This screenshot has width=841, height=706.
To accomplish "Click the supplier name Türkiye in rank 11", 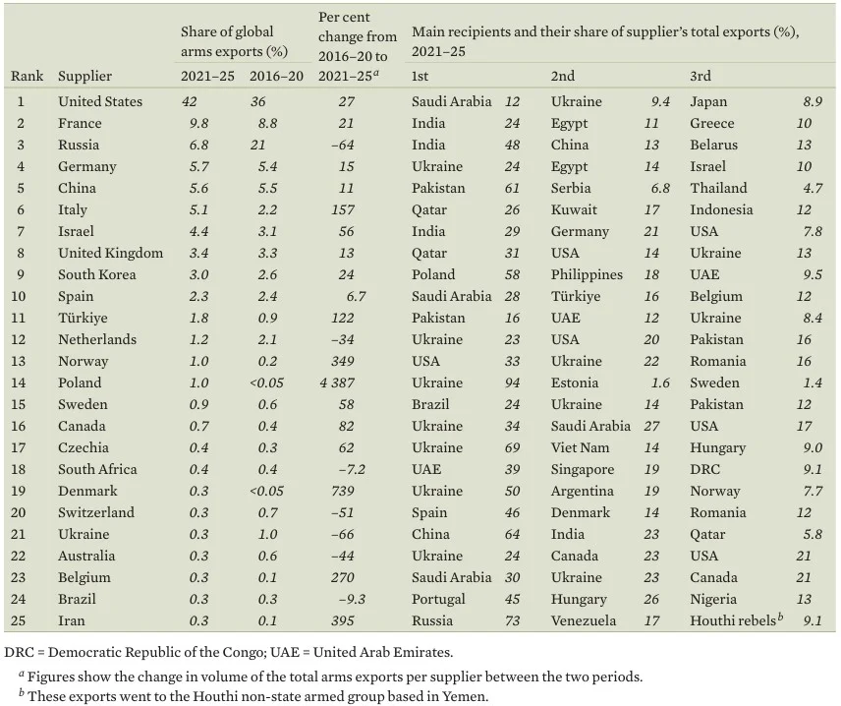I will click(83, 318).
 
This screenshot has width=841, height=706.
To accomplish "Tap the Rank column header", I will click(28, 76).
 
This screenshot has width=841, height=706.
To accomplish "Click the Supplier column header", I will click(84, 76).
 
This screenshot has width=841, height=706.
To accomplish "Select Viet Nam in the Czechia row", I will click(582, 447).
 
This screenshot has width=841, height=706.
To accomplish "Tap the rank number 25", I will click(22, 620).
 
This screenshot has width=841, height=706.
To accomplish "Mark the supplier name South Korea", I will click(97, 274).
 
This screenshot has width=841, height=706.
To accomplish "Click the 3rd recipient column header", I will click(701, 76).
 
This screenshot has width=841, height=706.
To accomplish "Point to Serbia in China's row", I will click(571, 188).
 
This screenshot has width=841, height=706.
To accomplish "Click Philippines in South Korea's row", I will click(587, 274).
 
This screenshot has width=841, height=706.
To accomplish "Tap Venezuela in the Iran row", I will click(584, 620).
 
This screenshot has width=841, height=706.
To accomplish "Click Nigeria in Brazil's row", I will click(712, 599).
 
